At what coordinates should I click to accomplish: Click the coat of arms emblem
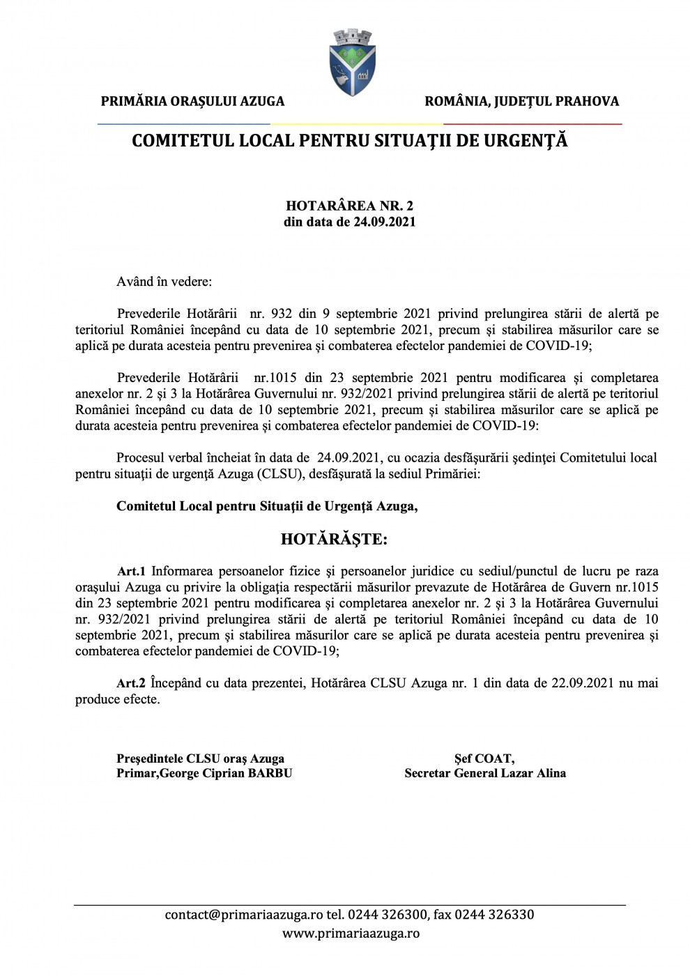coord(352,63)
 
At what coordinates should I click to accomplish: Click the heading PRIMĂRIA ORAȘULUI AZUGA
coord(192,102)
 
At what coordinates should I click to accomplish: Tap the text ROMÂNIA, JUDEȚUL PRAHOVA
coord(521,102)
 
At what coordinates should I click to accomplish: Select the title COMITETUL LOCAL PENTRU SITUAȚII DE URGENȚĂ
coord(349,141)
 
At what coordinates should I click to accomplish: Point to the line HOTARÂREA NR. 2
coord(349,206)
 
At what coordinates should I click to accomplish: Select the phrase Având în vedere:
coord(164,282)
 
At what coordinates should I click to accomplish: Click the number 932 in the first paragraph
coord(281,314)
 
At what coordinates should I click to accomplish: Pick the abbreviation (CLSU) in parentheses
coord(279,474)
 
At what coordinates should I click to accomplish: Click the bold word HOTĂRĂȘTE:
coord(334,539)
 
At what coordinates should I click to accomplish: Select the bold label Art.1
coord(131,572)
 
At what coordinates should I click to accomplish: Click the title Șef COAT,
coord(484,758)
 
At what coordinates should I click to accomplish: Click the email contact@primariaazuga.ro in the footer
coord(244,915)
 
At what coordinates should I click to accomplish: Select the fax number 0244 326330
coord(494,915)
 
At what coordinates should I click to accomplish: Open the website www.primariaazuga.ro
coord(351,933)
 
